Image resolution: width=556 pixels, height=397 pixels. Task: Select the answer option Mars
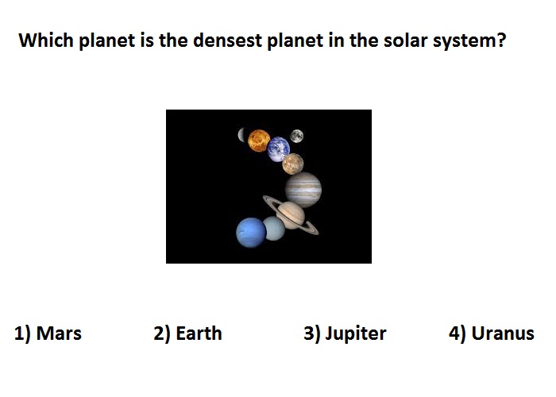pyautogui.click(x=48, y=333)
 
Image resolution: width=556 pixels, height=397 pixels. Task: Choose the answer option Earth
pyautogui.click(x=187, y=333)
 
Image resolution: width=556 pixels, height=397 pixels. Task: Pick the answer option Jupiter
pyautogui.click(x=345, y=334)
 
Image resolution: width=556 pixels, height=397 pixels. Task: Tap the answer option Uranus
pyautogui.click(x=492, y=333)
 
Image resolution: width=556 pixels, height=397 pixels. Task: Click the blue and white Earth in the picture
pyautogui.click(x=279, y=149)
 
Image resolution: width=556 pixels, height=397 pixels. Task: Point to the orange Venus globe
pyautogui.click(x=259, y=141)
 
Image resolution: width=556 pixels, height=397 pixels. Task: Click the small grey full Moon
pyautogui.click(x=297, y=136)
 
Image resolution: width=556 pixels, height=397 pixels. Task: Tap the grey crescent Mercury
pyautogui.click(x=241, y=135)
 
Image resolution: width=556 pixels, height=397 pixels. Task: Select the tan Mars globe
pyautogui.click(x=293, y=164)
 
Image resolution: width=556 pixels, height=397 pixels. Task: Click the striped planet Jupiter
pyautogui.click(x=303, y=190)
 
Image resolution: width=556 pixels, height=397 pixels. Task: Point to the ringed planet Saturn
pyautogui.click(x=291, y=215)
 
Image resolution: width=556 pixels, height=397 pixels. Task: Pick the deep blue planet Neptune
pyautogui.click(x=251, y=233)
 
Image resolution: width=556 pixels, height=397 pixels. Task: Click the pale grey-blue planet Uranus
pyautogui.click(x=274, y=229)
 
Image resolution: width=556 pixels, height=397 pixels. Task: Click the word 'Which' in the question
pyautogui.click(x=46, y=40)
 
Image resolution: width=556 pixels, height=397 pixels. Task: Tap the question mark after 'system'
pyautogui.click(x=501, y=40)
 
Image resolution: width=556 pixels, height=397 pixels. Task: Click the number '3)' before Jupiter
pyautogui.click(x=312, y=334)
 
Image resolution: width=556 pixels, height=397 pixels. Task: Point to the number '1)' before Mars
pyautogui.click(x=22, y=334)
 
